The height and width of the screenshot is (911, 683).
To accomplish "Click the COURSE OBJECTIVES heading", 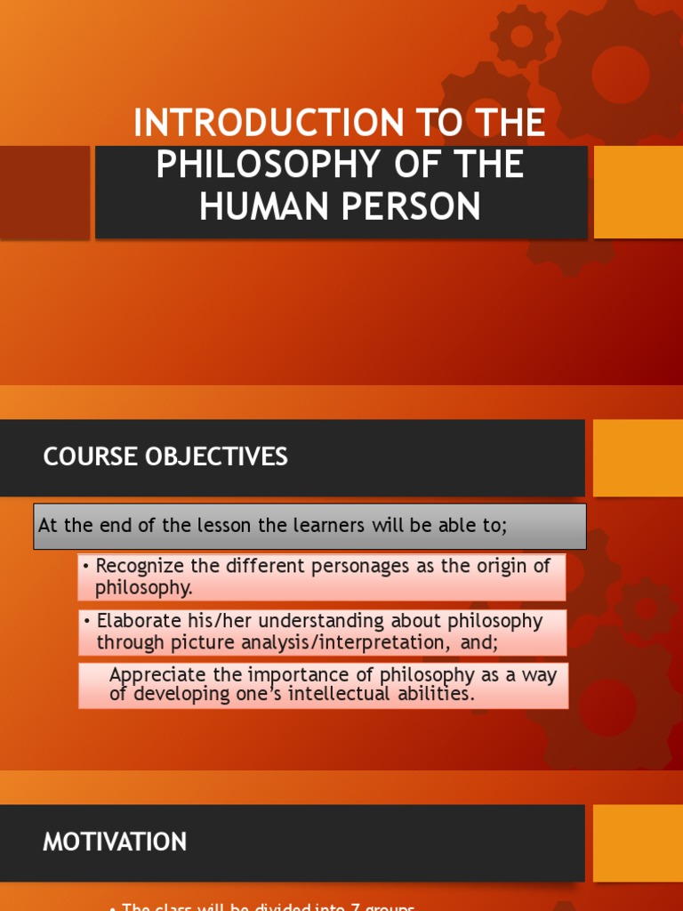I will click(165, 457).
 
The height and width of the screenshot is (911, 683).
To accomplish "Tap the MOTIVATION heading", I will click(115, 842).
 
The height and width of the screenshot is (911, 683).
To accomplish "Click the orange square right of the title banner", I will click(638, 192).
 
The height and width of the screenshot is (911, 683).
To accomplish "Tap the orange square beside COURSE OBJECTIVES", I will click(638, 457).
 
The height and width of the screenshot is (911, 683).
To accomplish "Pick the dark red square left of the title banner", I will click(44, 192).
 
